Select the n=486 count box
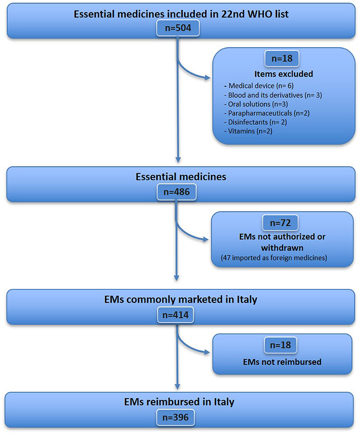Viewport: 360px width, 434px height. click(x=177, y=191)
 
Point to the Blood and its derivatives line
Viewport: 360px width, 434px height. click(x=275, y=95)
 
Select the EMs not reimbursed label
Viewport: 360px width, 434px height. click(x=283, y=362)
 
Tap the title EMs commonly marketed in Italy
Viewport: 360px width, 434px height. click(x=180, y=299)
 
